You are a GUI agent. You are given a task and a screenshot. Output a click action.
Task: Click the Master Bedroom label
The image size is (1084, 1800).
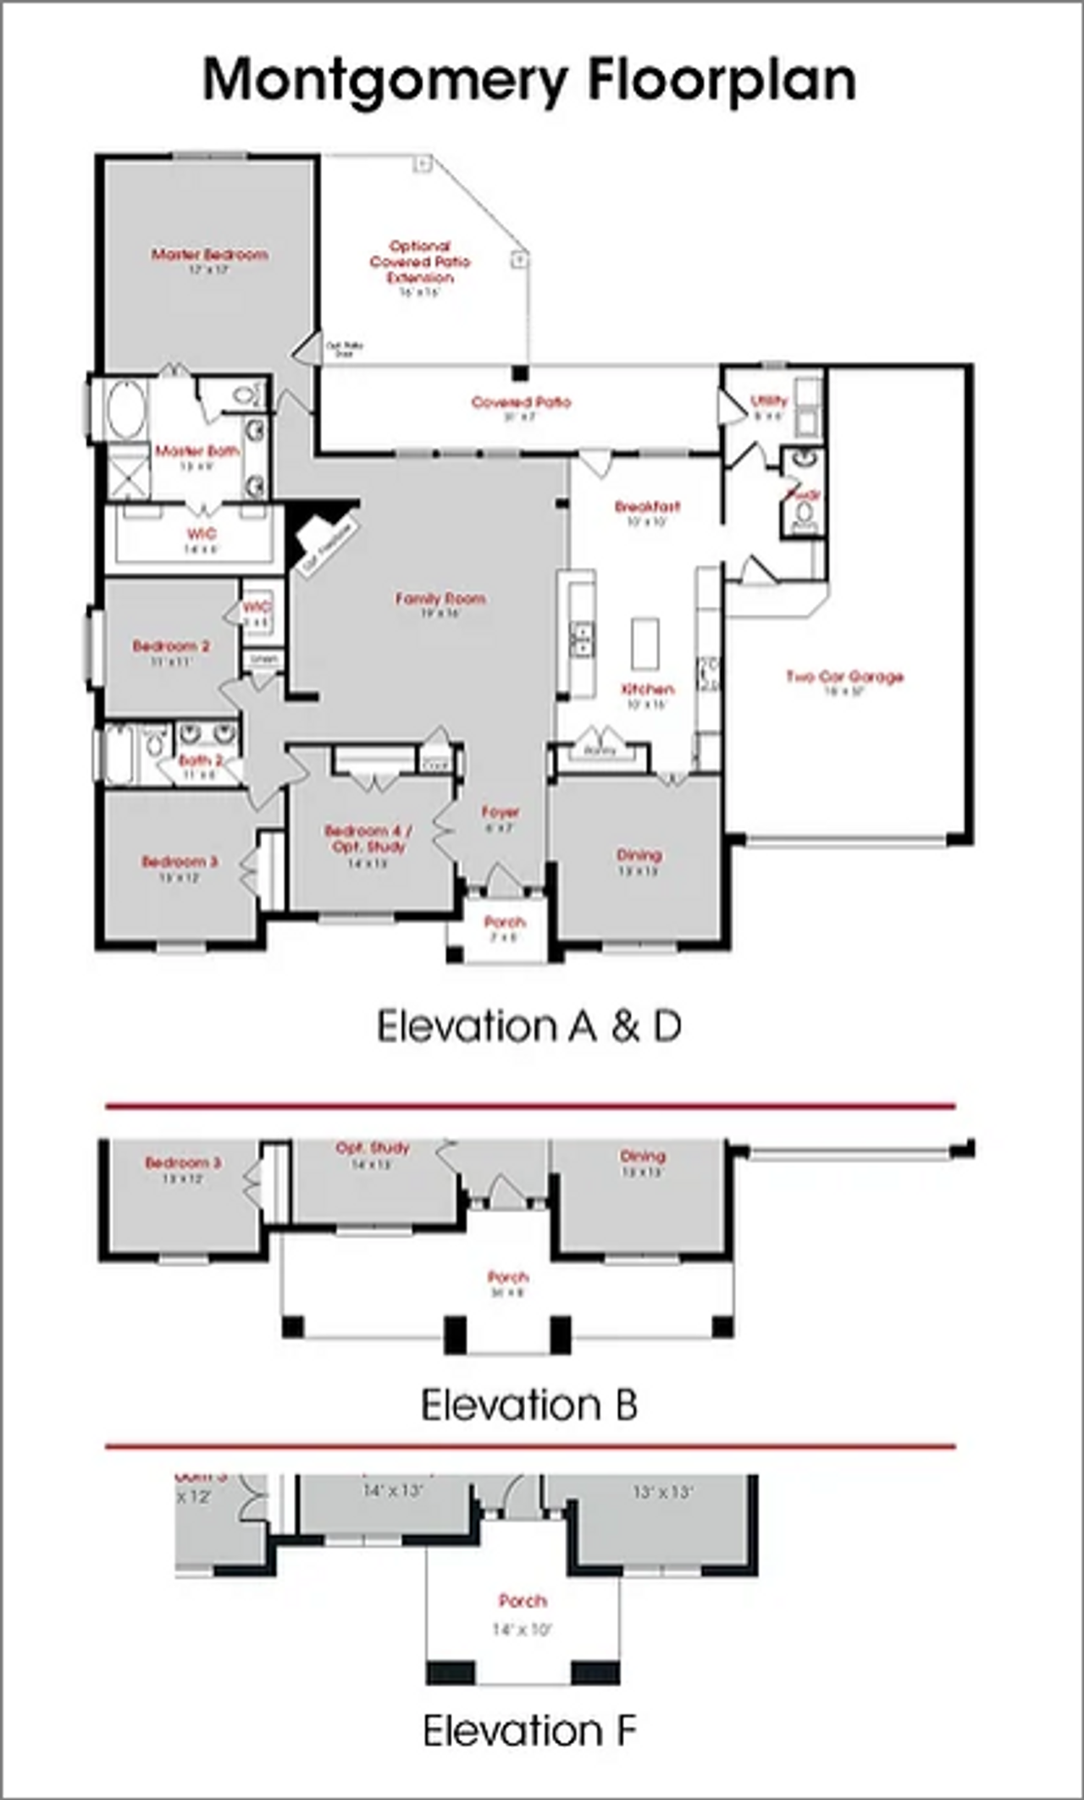[x=209, y=254]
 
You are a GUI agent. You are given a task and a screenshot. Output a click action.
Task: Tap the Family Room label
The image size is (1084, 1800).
[x=440, y=599]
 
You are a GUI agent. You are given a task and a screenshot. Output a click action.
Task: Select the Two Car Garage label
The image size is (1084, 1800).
[x=844, y=676]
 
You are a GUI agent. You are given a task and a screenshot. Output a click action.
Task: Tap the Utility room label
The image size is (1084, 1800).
[x=769, y=400]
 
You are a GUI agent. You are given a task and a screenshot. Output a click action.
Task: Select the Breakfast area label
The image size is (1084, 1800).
[x=647, y=506]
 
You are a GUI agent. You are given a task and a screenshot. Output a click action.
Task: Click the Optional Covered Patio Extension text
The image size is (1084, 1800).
[x=420, y=262]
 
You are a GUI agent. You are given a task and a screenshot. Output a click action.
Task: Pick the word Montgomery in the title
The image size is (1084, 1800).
[x=385, y=81]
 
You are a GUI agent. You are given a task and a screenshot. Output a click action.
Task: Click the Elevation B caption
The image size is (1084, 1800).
[x=529, y=1405]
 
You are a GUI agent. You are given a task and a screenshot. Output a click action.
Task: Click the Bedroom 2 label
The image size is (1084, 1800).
[x=171, y=646]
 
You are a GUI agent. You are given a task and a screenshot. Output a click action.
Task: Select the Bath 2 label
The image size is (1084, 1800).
[x=201, y=760]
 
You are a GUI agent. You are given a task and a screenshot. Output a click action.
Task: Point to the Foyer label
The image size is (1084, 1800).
[x=500, y=812]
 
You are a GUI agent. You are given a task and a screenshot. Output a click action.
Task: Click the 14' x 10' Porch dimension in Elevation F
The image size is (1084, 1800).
[x=523, y=1629]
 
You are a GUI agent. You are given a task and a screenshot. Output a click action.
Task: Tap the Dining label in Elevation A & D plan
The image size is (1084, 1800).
[x=639, y=855]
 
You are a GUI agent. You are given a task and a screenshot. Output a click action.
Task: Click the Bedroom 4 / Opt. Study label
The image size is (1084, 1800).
[x=368, y=838]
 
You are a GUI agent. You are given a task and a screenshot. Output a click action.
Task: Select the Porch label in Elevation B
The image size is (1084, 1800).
[x=508, y=1277]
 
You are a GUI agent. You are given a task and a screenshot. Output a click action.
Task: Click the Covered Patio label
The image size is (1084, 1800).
[x=521, y=402]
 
